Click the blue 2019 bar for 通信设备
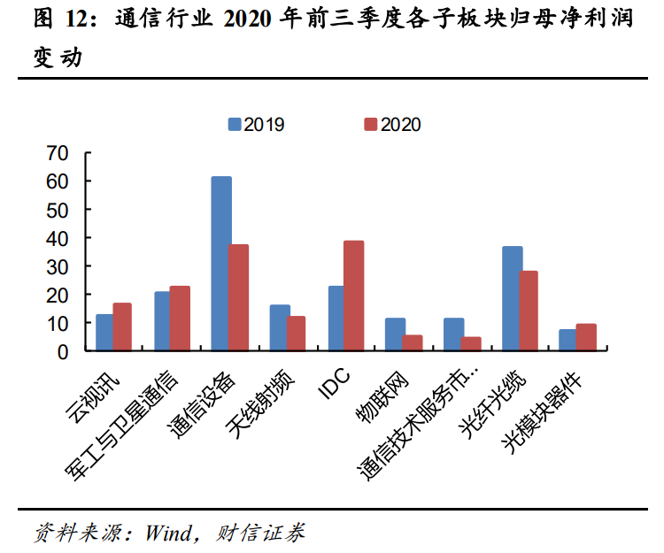tap(221, 264)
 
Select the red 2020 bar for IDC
tap(354, 296)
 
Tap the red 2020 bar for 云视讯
tap(122, 326)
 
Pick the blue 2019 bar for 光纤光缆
tap(512, 298)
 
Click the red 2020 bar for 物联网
tap(413, 342)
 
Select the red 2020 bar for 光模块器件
tap(586, 337)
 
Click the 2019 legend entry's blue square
tap(235, 125)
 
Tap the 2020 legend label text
tap(401, 125)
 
